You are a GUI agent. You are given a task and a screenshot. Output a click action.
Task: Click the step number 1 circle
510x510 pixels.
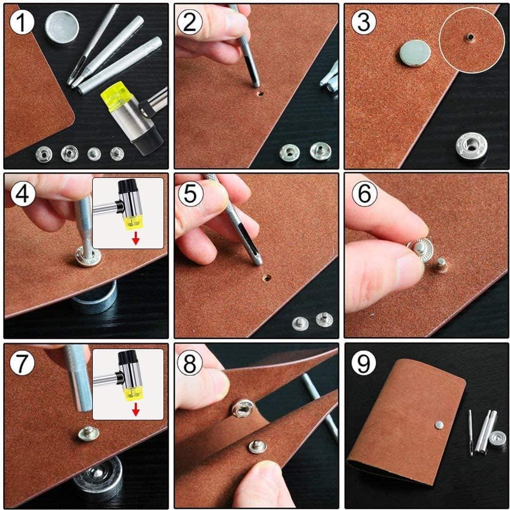[x=22, y=22]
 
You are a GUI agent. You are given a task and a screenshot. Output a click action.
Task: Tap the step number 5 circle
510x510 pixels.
[x=191, y=194]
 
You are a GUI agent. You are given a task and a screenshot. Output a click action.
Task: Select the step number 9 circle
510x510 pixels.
[x=363, y=363]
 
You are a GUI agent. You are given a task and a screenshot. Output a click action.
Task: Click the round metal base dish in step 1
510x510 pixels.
[x=62, y=26]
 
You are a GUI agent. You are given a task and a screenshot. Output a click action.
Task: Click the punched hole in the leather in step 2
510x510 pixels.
[x=260, y=94]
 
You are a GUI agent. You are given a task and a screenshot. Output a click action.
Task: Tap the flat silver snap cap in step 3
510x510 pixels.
[x=415, y=53]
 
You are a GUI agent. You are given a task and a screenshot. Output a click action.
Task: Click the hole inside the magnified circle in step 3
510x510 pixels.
[x=470, y=37]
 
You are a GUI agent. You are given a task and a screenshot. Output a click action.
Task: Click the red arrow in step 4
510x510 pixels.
[x=136, y=240]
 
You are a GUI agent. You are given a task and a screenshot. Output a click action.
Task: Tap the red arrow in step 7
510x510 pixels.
[x=136, y=411]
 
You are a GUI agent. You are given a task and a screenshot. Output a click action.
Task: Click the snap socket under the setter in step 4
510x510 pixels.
[x=88, y=257]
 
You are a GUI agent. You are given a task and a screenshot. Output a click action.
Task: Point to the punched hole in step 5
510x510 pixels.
[x=267, y=278]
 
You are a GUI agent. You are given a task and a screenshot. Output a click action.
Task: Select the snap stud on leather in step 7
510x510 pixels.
[x=88, y=433]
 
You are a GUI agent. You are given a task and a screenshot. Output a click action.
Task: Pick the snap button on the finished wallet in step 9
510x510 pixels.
[x=439, y=424]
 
